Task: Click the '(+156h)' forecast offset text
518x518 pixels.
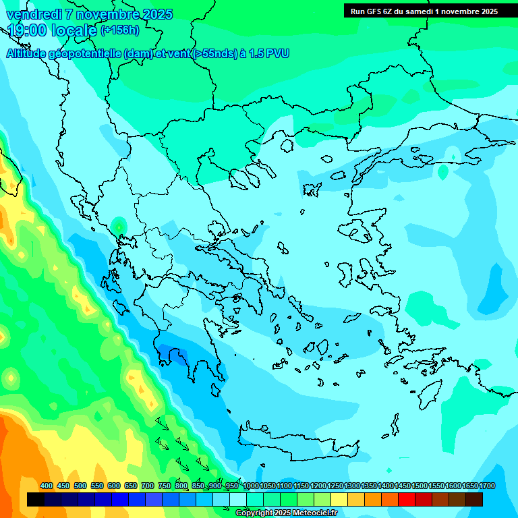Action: (119, 30)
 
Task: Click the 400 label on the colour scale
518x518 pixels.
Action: (47, 486)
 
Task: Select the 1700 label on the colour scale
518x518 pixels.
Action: (487, 486)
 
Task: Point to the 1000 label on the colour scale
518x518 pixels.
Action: (250, 486)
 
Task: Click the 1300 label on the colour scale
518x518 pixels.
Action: (352, 486)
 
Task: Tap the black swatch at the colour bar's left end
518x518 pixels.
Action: (36, 500)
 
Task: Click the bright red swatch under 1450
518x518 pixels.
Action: (407, 500)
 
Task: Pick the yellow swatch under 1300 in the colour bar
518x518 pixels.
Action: (356, 500)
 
